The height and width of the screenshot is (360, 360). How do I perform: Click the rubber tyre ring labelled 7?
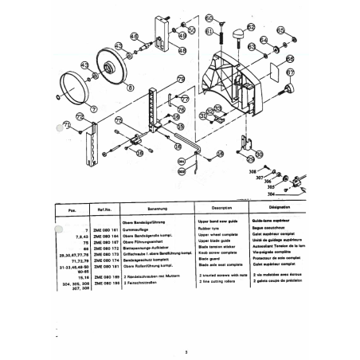(x=78, y=86)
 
